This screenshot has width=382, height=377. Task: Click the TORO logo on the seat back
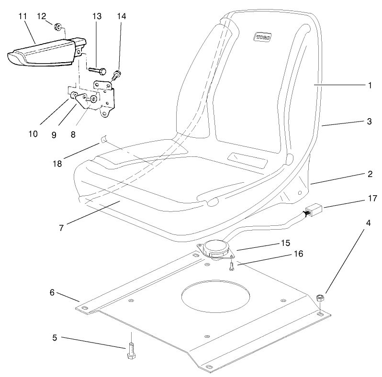click(262, 36)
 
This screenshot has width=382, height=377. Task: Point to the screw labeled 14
click(116, 74)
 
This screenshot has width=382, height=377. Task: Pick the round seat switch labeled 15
click(216, 249)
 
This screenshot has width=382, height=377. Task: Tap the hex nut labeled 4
click(321, 298)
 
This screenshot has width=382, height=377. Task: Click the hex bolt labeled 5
click(131, 352)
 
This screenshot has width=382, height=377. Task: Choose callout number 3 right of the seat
click(369, 122)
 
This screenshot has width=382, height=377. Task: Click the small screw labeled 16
click(231, 265)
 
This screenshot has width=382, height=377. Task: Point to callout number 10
click(33, 133)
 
